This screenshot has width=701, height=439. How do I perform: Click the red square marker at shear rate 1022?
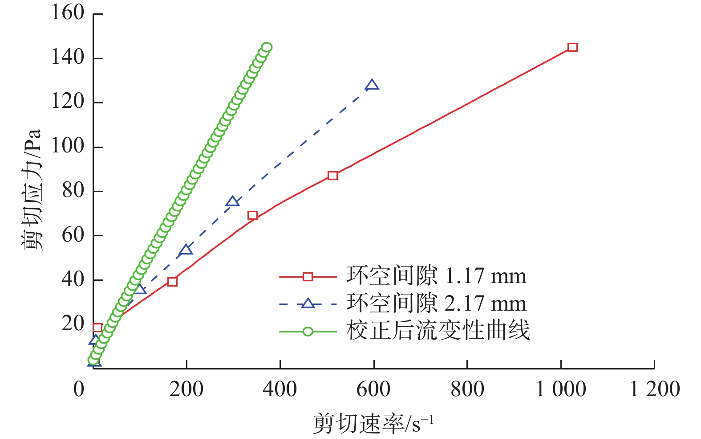pyautogui.click(x=572, y=47)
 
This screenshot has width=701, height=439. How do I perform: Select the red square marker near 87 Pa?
pyautogui.click(x=332, y=176)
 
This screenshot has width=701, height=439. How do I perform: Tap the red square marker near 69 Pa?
pyautogui.click(x=252, y=216)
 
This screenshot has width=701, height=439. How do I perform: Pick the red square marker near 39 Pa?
pyautogui.click(x=173, y=282)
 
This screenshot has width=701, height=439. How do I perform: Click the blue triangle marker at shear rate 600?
pyautogui.click(x=372, y=85)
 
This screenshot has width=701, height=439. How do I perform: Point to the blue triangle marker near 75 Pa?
pyautogui.click(x=232, y=202)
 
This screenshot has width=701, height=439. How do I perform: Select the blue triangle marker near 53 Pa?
pyautogui.click(x=186, y=250)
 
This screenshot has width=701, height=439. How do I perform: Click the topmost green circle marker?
pyautogui.click(x=267, y=47)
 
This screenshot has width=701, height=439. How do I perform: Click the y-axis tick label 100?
pyautogui.click(x=68, y=146)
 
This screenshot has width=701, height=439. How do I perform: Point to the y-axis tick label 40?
pyautogui.click(x=73, y=279)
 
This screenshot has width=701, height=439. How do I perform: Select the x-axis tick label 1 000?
pyautogui.click(x=561, y=389)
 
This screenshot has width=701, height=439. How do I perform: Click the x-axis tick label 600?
pyautogui.click(x=373, y=389)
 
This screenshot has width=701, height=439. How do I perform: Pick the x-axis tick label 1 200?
pyautogui.click(x=655, y=389)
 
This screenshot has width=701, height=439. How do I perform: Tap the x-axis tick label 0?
pyautogui.click(x=79, y=389)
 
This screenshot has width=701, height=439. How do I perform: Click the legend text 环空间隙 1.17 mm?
pyautogui.click(x=436, y=276)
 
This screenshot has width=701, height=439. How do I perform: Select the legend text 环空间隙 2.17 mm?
pyautogui.click(x=436, y=304)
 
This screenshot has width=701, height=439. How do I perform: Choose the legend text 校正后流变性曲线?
pyautogui.click(x=438, y=331)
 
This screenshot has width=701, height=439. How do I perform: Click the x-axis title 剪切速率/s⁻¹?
pyautogui.click(x=373, y=423)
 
